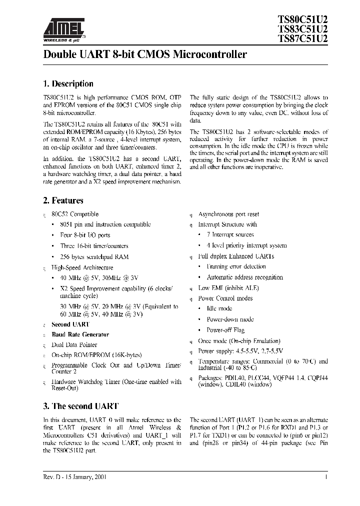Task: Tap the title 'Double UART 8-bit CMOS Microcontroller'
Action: (x=145, y=54)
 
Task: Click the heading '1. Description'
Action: (x=68, y=84)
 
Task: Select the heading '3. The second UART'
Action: (x=80, y=406)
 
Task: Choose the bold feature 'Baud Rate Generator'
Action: (x=80, y=334)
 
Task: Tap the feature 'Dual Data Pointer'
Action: (x=74, y=345)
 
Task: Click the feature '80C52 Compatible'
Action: (x=75, y=214)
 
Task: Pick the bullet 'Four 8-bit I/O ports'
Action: (x=85, y=235)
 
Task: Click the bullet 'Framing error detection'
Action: (x=236, y=266)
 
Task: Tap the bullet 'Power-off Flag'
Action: (x=225, y=330)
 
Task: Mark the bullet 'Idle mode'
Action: (x=219, y=309)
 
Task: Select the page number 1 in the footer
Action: (x=326, y=477)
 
